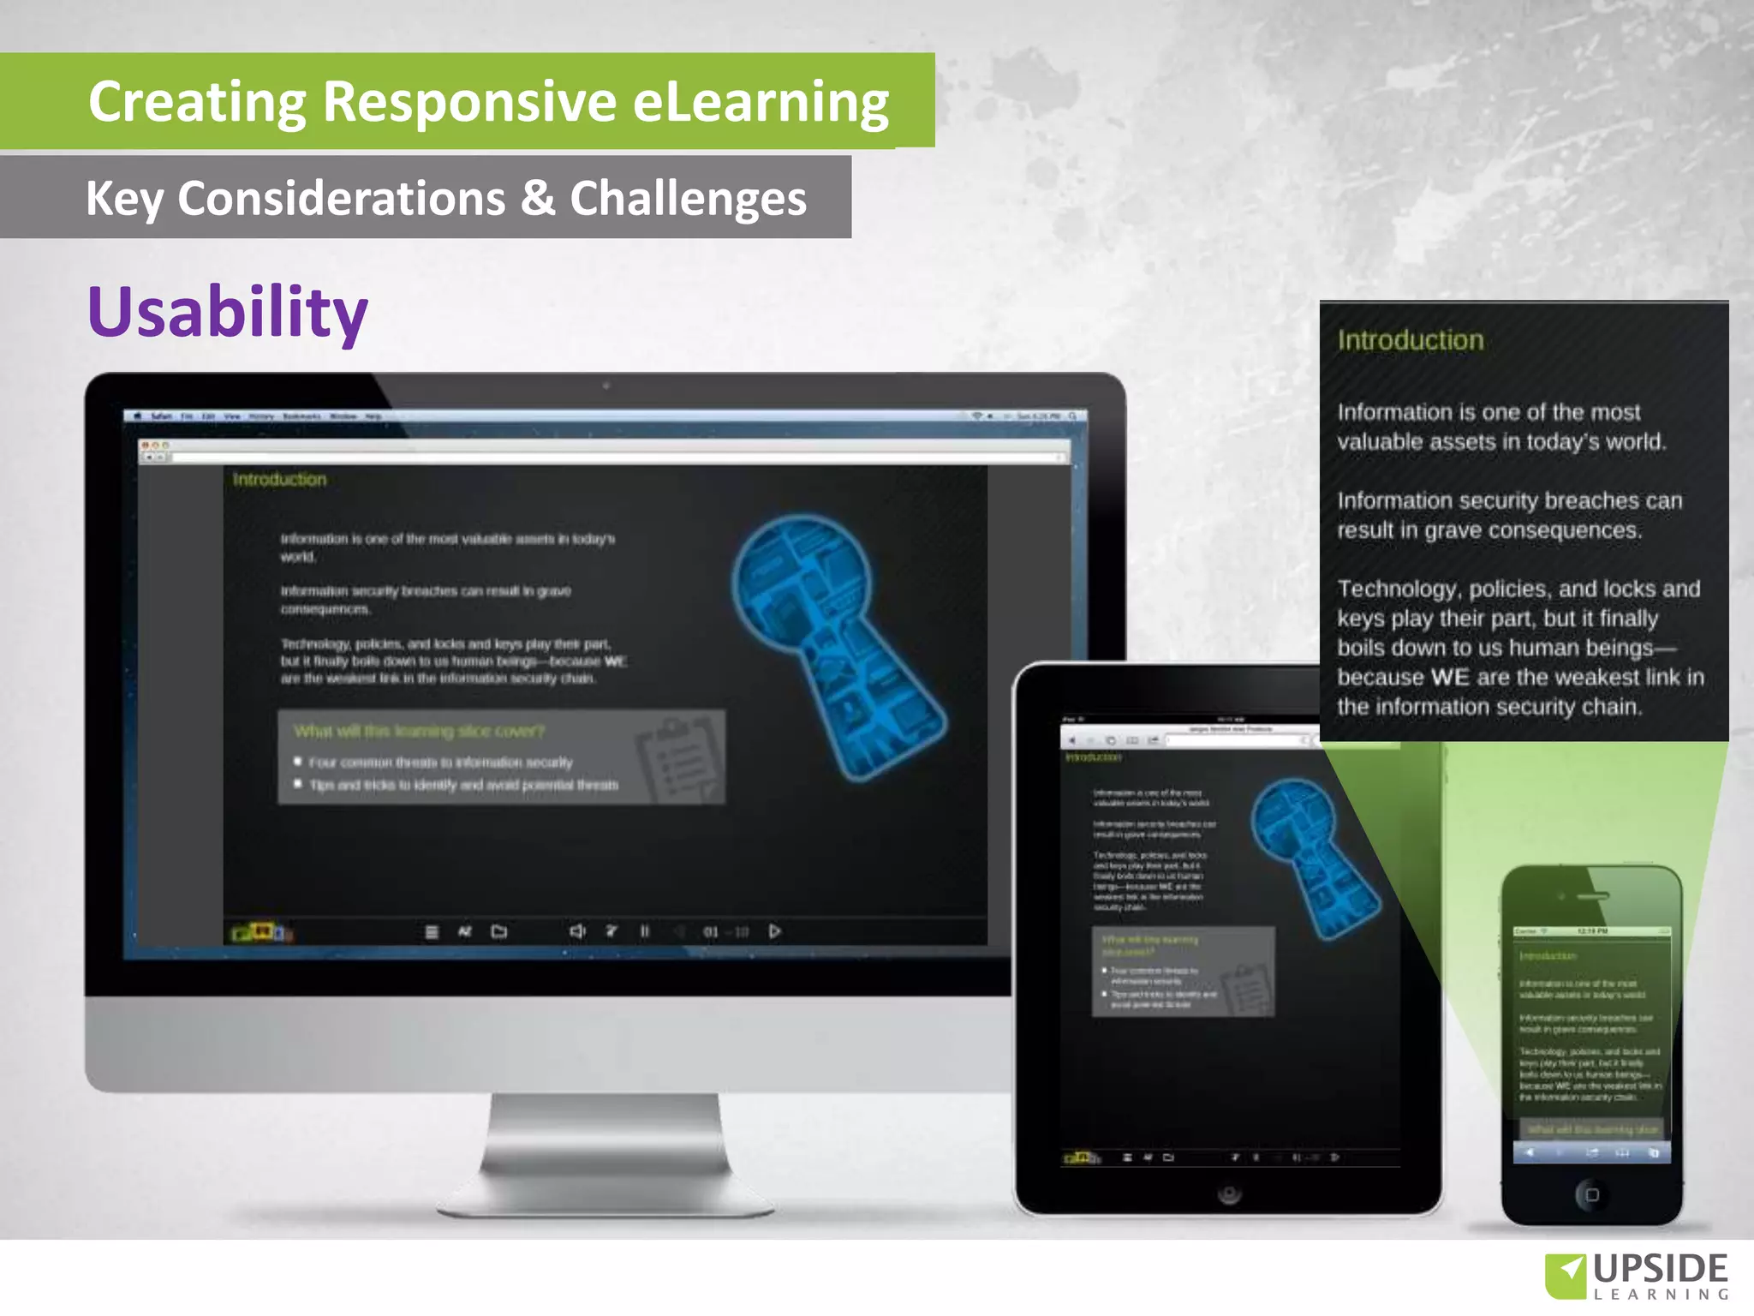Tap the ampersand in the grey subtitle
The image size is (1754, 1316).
(537, 198)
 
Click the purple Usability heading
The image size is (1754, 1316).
(228, 312)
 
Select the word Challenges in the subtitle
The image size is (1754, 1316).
(688, 200)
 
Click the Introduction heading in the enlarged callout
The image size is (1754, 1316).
(1410, 340)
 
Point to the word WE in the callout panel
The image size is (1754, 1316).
(1449, 677)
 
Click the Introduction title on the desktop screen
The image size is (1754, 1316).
(279, 480)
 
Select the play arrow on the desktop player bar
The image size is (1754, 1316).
(774, 931)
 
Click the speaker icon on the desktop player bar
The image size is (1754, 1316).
(577, 931)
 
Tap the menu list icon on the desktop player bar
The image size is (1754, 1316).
(432, 932)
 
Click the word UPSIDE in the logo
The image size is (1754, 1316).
(1660, 1268)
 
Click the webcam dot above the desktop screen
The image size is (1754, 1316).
(606, 386)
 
